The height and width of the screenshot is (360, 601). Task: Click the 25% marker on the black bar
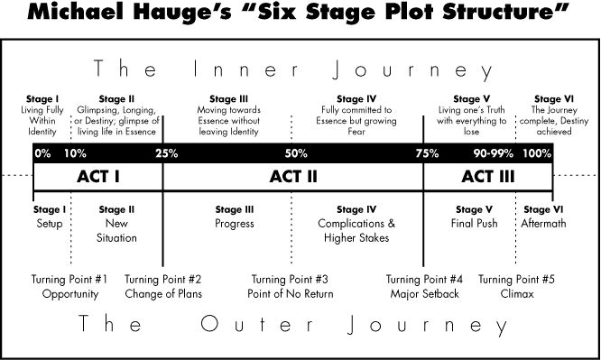(166, 153)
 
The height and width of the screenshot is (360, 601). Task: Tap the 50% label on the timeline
(296, 153)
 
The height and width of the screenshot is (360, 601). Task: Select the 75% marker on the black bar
(426, 153)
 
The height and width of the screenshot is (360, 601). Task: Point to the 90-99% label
(493, 153)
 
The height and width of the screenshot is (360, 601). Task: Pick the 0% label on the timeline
(42, 153)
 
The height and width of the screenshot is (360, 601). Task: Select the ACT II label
(293, 177)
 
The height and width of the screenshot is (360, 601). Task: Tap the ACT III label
(487, 177)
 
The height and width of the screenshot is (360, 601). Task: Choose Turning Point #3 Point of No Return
(290, 286)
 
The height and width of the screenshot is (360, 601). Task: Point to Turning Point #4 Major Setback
(425, 286)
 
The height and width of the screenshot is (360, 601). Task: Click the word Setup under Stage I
(51, 223)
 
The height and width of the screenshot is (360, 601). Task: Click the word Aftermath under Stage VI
(542, 223)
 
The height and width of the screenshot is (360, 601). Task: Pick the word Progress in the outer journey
(235, 223)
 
